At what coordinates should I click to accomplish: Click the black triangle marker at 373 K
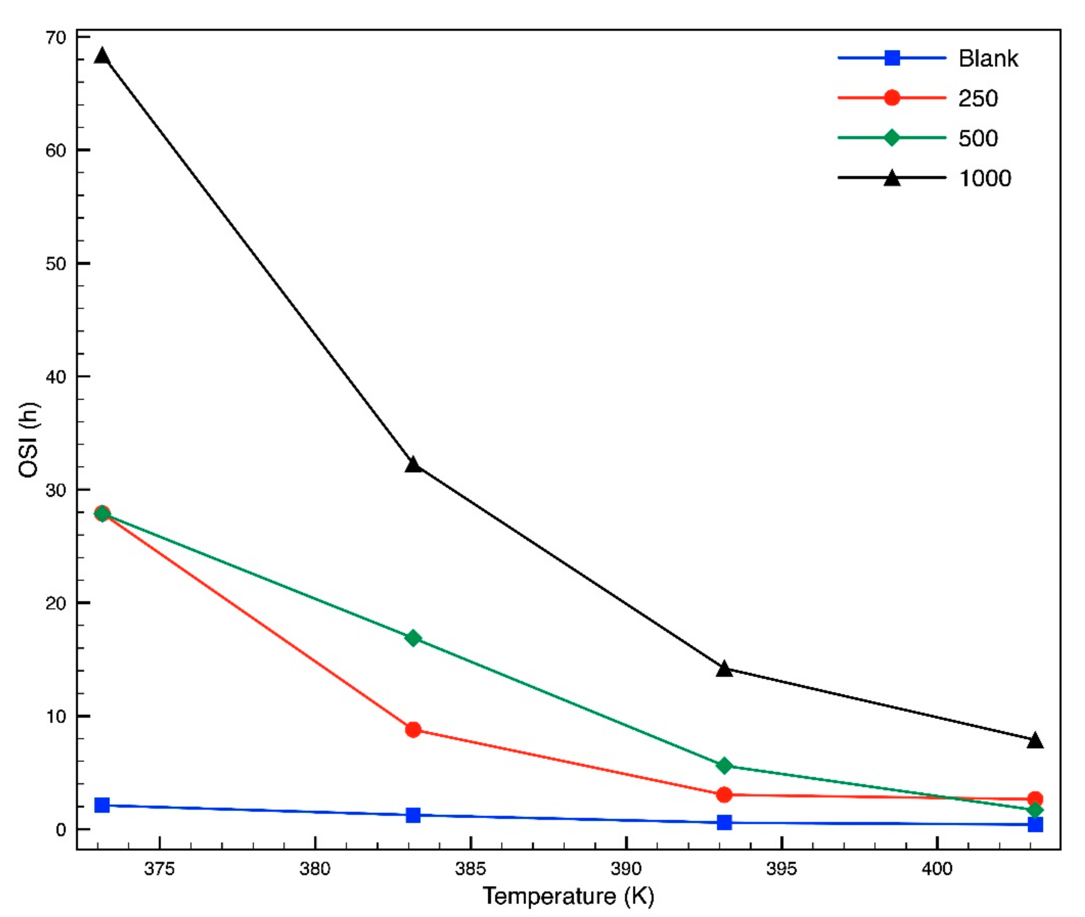click(102, 56)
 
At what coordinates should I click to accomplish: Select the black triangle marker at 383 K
click(413, 464)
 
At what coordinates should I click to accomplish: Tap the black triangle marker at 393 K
click(724, 670)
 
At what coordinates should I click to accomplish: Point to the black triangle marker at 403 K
click(1035, 741)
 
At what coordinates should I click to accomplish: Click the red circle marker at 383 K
click(413, 730)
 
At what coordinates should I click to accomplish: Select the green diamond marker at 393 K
click(724, 766)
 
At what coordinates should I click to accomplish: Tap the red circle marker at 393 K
click(724, 795)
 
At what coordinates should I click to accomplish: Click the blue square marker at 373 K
click(102, 805)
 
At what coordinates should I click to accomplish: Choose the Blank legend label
click(988, 58)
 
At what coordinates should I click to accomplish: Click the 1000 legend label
click(985, 178)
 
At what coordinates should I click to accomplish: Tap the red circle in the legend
click(892, 98)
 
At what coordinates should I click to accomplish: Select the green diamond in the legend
click(892, 138)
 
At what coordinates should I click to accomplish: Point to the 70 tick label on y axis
click(56, 37)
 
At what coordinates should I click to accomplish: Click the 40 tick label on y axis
click(56, 377)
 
